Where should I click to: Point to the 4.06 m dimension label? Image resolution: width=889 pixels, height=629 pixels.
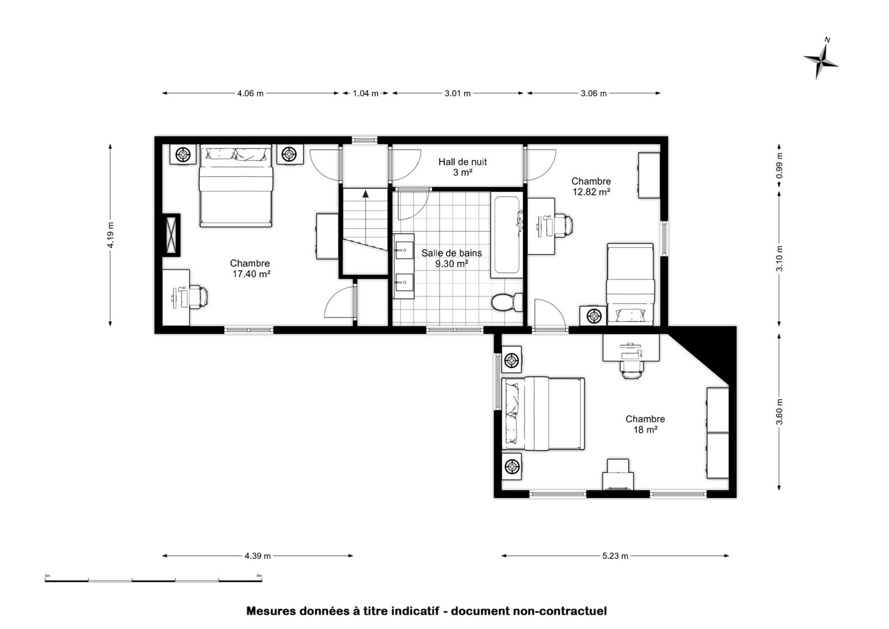[250, 93]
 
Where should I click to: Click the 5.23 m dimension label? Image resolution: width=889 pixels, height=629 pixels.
[615, 556]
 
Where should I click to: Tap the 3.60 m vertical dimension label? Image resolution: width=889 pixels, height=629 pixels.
[779, 412]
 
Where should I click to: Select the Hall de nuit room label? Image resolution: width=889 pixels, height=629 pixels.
[463, 162]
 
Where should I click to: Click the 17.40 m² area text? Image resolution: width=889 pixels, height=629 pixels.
[251, 274]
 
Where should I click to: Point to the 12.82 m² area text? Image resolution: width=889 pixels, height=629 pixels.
[592, 192]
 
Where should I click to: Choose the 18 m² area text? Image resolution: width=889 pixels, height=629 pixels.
[645, 429]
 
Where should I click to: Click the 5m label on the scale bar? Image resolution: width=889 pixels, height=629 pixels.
[259, 576]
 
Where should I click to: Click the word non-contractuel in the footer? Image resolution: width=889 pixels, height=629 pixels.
[560, 611]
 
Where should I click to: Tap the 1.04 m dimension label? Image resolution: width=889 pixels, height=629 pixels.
[365, 93]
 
